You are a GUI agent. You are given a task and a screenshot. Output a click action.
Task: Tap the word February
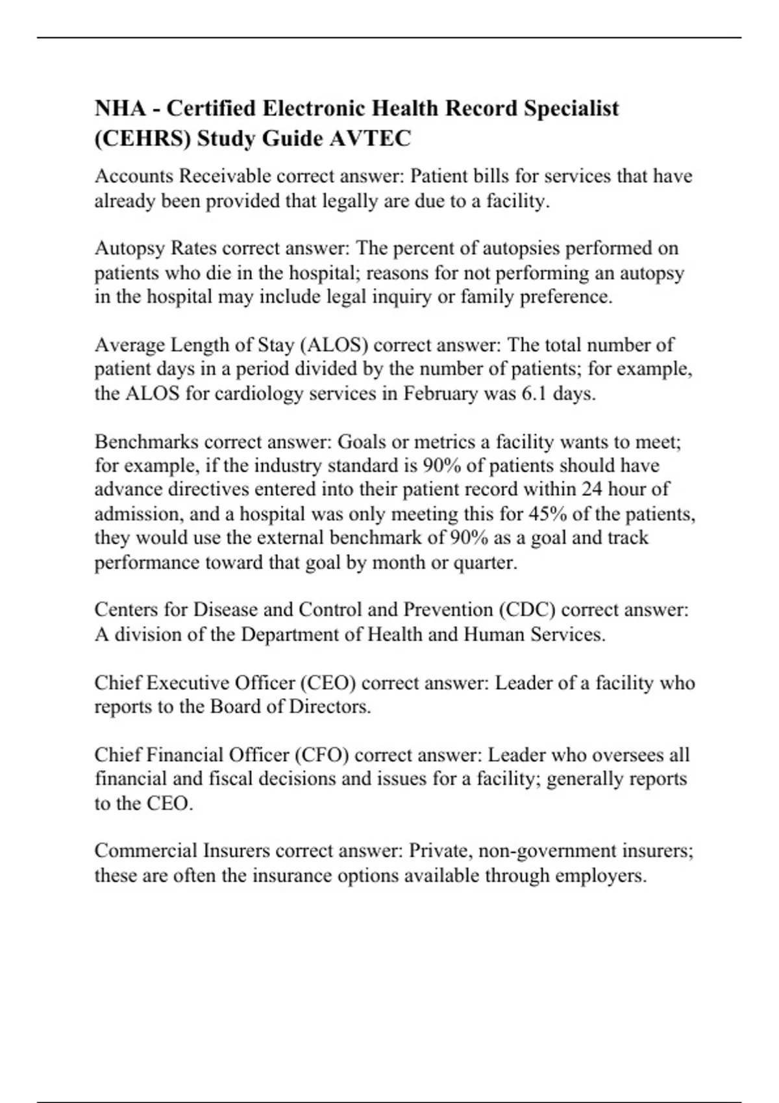[440, 394]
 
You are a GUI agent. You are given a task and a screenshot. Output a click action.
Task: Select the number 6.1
[534, 394]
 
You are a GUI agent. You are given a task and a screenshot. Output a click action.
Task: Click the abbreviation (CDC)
[526, 611]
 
